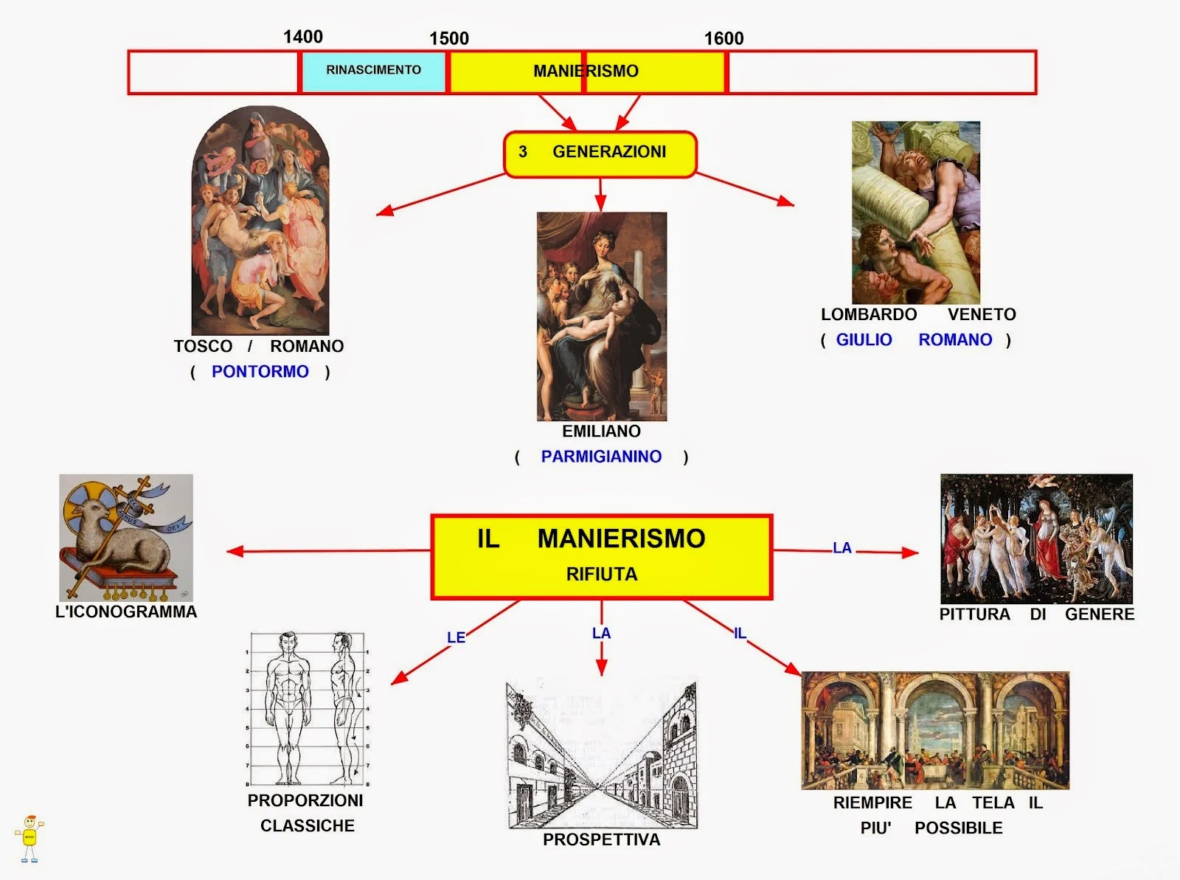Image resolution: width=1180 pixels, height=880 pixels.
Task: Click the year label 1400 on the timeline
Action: [x=303, y=37]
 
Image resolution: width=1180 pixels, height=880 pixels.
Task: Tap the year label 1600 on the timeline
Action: [x=723, y=38]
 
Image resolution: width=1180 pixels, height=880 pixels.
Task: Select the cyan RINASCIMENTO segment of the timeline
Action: [x=373, y=71]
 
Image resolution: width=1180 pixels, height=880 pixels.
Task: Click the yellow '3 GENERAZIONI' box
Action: [x=600, y=153]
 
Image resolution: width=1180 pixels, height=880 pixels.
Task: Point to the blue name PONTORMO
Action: [x=260, y=372]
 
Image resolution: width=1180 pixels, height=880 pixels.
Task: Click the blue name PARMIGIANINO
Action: [x=601, y=457]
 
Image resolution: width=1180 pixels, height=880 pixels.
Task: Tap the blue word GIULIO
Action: [x=864, y=340]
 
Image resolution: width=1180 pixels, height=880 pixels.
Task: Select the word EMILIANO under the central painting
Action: [x=601, y=432]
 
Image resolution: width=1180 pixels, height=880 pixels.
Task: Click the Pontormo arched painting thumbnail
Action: [x=260, y=221]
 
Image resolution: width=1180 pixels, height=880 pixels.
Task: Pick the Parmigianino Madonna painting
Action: [x=601, y=316]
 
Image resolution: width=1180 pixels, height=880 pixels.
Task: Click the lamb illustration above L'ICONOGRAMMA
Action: [x=126, y=537]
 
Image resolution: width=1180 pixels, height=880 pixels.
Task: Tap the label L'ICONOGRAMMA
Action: [x=126, y=612]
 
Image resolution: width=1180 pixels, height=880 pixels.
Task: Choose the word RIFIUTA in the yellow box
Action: [x=601, y=575]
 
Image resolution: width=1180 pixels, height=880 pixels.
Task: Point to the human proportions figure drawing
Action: [x=308, y=709]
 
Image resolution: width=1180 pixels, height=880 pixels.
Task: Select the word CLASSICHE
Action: [x=308, y=826]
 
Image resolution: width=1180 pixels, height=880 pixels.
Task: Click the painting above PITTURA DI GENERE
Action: [x=1036, y=538]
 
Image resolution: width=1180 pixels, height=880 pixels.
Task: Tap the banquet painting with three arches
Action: [x=934, y=730]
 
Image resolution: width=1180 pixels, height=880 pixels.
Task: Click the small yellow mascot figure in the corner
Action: [x=29, y=838]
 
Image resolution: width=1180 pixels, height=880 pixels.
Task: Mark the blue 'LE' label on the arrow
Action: [x=456, y=637]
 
